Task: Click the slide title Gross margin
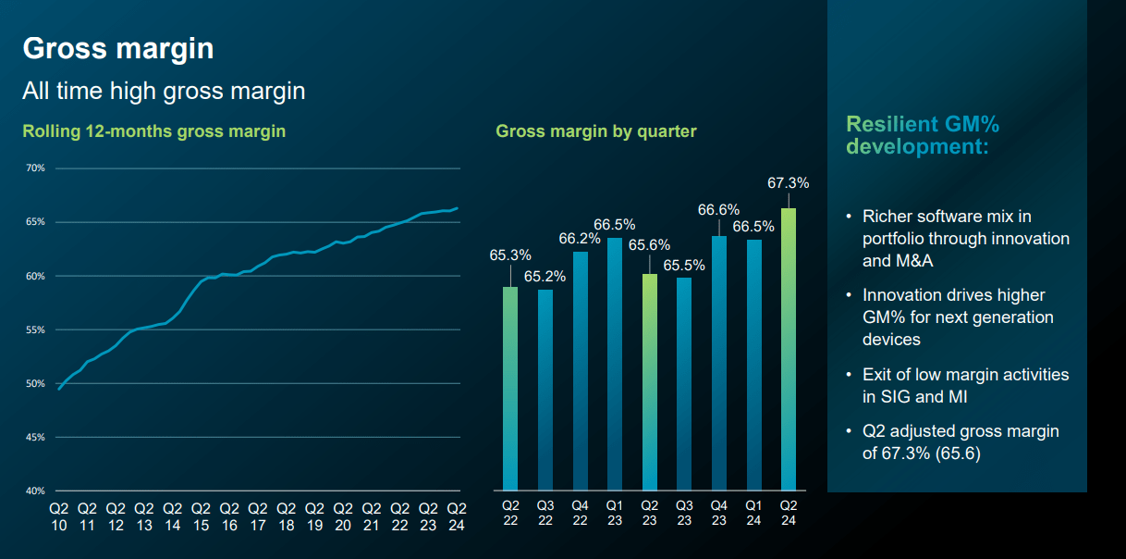[x=117, y=48]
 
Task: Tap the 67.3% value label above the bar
[x=788, y=183]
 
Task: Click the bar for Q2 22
[x=510, y=388]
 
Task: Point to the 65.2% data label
[x=545, y=275]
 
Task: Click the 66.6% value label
[x=718, y=210]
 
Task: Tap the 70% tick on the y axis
[x=36, y=168]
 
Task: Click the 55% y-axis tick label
[x=36, y=329]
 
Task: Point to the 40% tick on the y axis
[x=36, y=491]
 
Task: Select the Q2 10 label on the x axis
[x=58, y=516]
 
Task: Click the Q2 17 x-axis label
[x=257, y=516]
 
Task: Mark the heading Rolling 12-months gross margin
[x=153, y=131]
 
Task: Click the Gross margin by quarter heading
[x=595, y=131]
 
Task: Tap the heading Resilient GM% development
[x=923, y=136]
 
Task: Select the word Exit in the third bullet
[x=879, y=375]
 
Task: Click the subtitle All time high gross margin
[x=164, y=91]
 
